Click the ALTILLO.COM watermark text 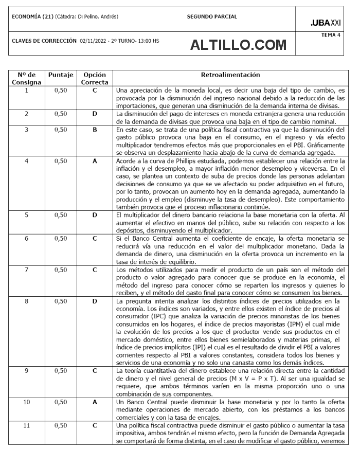(x=238, y=45)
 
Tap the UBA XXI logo (x=326, y=23)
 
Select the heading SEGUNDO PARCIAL (x=212, y=16)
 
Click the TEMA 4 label (x=331, y=35)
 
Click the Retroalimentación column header (x=230, y=75)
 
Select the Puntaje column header (x=61, y=75)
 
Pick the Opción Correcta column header (x=95, y=79)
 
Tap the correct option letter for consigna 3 (x=95, y=130)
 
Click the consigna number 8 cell (x=27, y=300)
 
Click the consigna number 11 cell (x=27, y=425)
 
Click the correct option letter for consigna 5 (x=95, y=214)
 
